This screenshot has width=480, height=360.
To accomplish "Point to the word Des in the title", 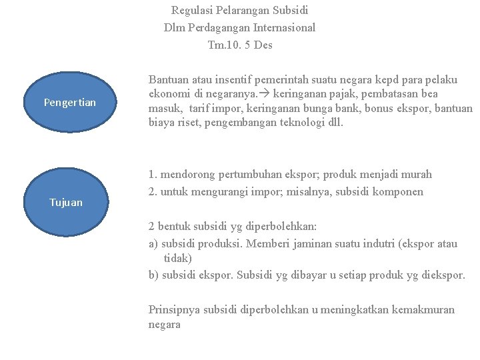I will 263,45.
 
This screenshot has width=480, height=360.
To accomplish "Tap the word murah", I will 415,174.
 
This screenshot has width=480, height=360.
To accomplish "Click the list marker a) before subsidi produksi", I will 153,243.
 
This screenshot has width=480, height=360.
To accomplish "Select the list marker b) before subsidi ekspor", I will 153,275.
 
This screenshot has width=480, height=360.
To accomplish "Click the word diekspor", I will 443,275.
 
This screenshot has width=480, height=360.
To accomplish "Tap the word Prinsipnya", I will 175,309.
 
